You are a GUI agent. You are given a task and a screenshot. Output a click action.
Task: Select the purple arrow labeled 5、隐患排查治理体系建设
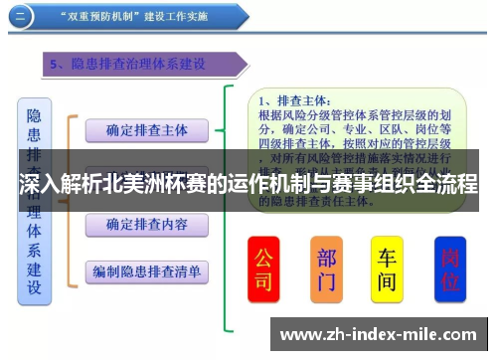pyautogui.click(x=139, y=65)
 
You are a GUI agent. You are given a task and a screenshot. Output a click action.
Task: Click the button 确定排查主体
pyautogui.click(x=146, y=130)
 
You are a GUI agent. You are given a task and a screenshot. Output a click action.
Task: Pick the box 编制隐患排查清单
pyautogui.click(x=146, y=270)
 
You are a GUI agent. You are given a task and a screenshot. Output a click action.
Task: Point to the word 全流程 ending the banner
pyautogui.click(x=446, y=185)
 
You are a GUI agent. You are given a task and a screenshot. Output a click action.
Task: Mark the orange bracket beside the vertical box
pyautogui.click(x=70, y=199)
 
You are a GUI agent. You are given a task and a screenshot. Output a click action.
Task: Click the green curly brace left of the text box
pyautogui.click(x=231, y=199)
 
